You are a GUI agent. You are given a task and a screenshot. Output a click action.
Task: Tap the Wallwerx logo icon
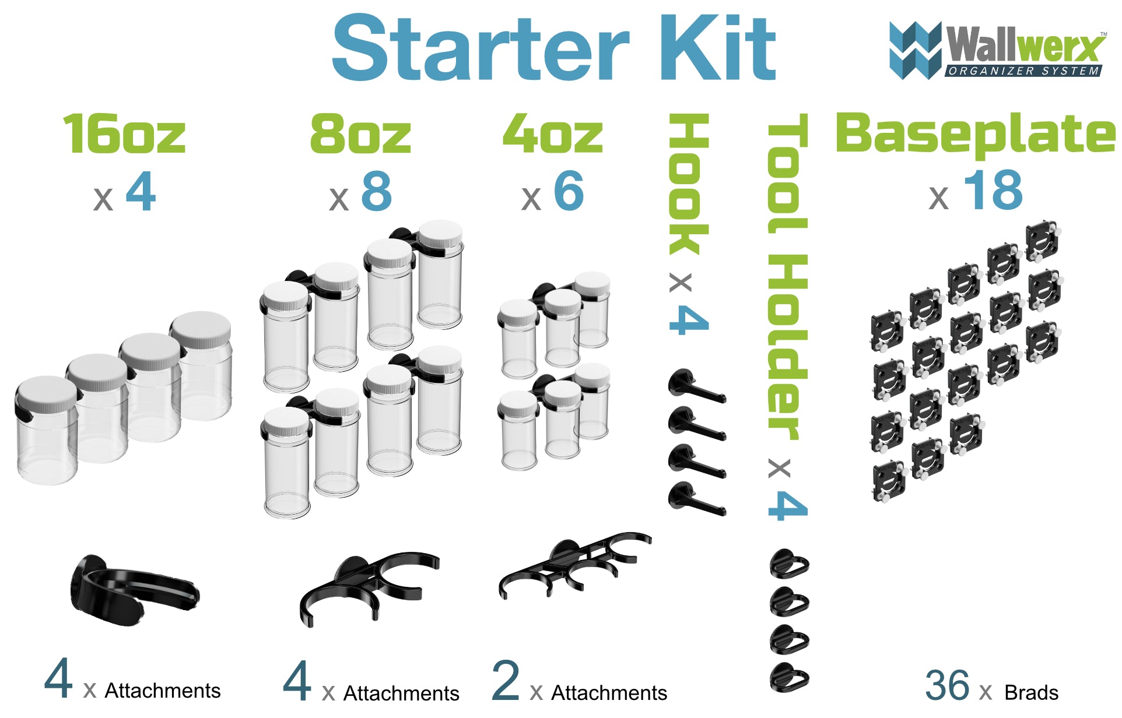tap(914, 50)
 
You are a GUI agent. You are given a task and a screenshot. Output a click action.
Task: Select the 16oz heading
tap(124, 135)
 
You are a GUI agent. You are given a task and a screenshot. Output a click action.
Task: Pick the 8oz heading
tap(360, 135)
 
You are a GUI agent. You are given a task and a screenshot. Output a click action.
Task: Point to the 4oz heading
tap(552, 135)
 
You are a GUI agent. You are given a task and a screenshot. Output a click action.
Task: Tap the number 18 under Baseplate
tap(993, 191)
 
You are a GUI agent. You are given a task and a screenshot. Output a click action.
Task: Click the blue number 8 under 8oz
tap(376, 191)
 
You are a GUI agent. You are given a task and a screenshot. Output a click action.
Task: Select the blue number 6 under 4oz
tap(569, 191)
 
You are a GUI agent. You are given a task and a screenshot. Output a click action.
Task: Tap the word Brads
tap(1031, 692)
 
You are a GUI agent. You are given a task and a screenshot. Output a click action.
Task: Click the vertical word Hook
tap(689, 184)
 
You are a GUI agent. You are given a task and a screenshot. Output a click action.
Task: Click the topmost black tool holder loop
tap(789, 564)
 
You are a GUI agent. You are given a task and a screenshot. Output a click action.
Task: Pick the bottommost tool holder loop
tap(789, 677)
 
